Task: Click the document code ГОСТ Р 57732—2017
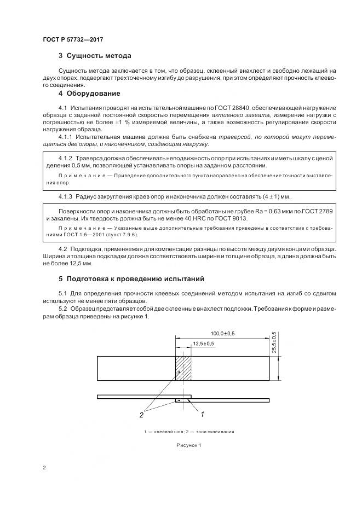[x=73, y=40]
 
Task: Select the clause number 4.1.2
[x=66, y=158]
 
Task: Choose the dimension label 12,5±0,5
[x=203, y=343]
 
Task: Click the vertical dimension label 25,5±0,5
[x=273, y=342]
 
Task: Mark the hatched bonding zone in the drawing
[x=183, y=368]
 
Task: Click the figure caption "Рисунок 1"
[x=189, y=445]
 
